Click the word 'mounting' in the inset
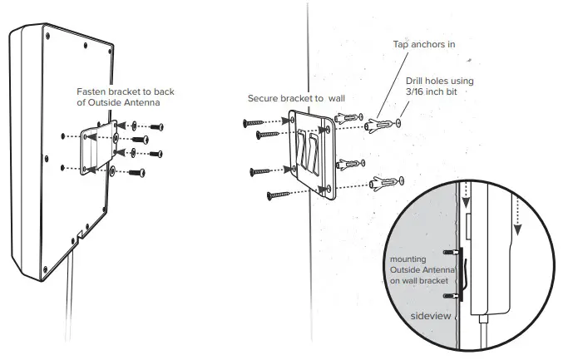pos(407,259)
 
